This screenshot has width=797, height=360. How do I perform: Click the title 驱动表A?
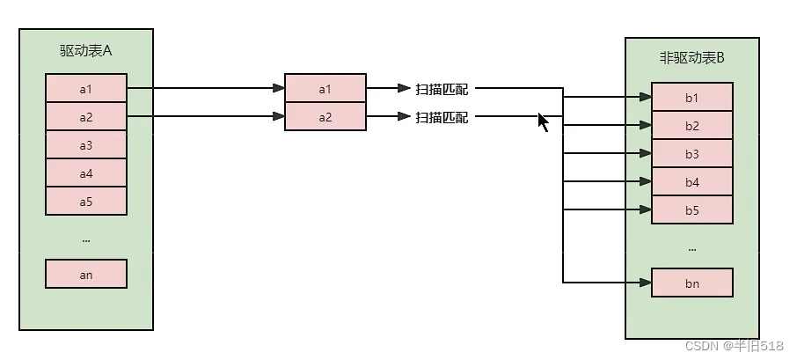pyautogui.click(x=86, y=50)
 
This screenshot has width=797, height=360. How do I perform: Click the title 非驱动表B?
pyautogui.click(x=691, y=57)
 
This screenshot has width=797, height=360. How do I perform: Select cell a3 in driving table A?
pyautogui.click(x=86, y=145)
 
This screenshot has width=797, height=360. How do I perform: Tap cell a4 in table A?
pyautogui.click(x=86, y=173)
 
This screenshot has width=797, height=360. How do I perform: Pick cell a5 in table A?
pyautogui.click(x=86, y=201)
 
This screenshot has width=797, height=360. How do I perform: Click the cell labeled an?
pyautogui.click(x=86, y=274)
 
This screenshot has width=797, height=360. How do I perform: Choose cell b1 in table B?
pyautogui.click(x=691, y=97)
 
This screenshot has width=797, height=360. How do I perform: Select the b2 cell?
pyautogui.click(x=691, y=126)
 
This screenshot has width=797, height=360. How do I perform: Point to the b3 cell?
pyautogui.click(x=691, y=153)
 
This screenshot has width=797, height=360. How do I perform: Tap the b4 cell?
pyautogui.click(x=691, y=181)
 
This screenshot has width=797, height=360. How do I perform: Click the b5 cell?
pyautogui.click(x=691, y=209)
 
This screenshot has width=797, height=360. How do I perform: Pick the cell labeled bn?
pyautogui.click(x=691, y=283)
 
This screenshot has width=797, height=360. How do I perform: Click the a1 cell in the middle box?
pyautogui.click(x=325, y=89)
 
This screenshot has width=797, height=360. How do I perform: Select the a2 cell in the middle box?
pyautogui.click(x=325, y=116)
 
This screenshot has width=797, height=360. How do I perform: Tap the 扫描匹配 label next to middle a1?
pyautogui.click(x=442, y=89)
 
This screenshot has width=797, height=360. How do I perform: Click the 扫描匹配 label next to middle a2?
pyautogui.click(x=442, y=117)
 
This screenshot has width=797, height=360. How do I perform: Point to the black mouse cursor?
pyautogui.click(x=543, y=122)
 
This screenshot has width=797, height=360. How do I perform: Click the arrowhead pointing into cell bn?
pyautogui.click(x=646, y=283)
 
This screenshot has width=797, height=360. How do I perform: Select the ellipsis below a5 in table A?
pyautogui.click(x=86, y=240)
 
